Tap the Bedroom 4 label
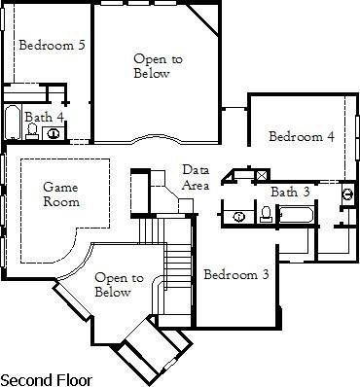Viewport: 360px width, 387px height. pos(302,137)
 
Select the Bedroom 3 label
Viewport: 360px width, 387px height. pos(236,275)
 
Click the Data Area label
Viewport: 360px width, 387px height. pos(196,178)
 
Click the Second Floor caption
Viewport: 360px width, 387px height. pos(44,376)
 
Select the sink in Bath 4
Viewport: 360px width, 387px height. pos(54,134)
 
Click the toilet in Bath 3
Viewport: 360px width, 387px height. pos(266,214)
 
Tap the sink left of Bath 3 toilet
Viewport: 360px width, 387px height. pos(239,215)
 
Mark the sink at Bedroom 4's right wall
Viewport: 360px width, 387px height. pos(347,193)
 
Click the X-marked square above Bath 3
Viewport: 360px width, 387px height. pos(260,176)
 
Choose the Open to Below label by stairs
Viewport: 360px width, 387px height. pos(113,285)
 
